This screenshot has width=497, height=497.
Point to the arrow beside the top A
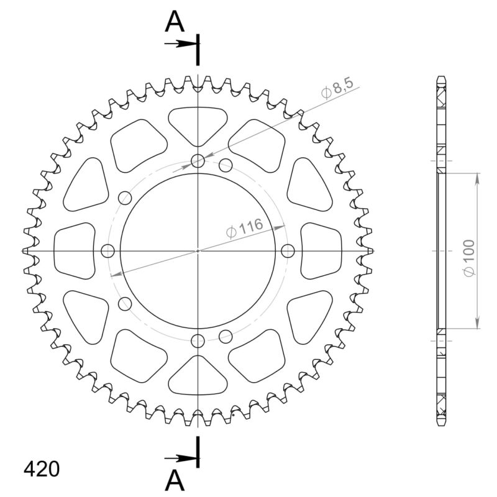(x=180, y=43)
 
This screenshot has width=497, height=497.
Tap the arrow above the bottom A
(x=180, y=458)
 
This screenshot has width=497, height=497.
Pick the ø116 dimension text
(x=245, y=227)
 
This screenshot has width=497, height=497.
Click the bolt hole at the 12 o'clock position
(x=198, y=162)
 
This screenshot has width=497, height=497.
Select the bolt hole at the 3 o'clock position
(x=288, y=250)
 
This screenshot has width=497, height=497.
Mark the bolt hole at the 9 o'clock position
(x=108, y=250)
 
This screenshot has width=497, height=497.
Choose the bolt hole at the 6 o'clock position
(x=198, y=340)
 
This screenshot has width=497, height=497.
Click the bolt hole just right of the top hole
(x=226, y=165)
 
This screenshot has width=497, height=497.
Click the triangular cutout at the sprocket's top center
(x=198, y=124)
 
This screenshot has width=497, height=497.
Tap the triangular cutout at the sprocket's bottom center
(x=198, y=376)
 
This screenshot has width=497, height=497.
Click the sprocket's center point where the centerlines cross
(x=198, y=250)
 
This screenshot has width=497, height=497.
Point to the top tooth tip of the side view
(x=441, y=77)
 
